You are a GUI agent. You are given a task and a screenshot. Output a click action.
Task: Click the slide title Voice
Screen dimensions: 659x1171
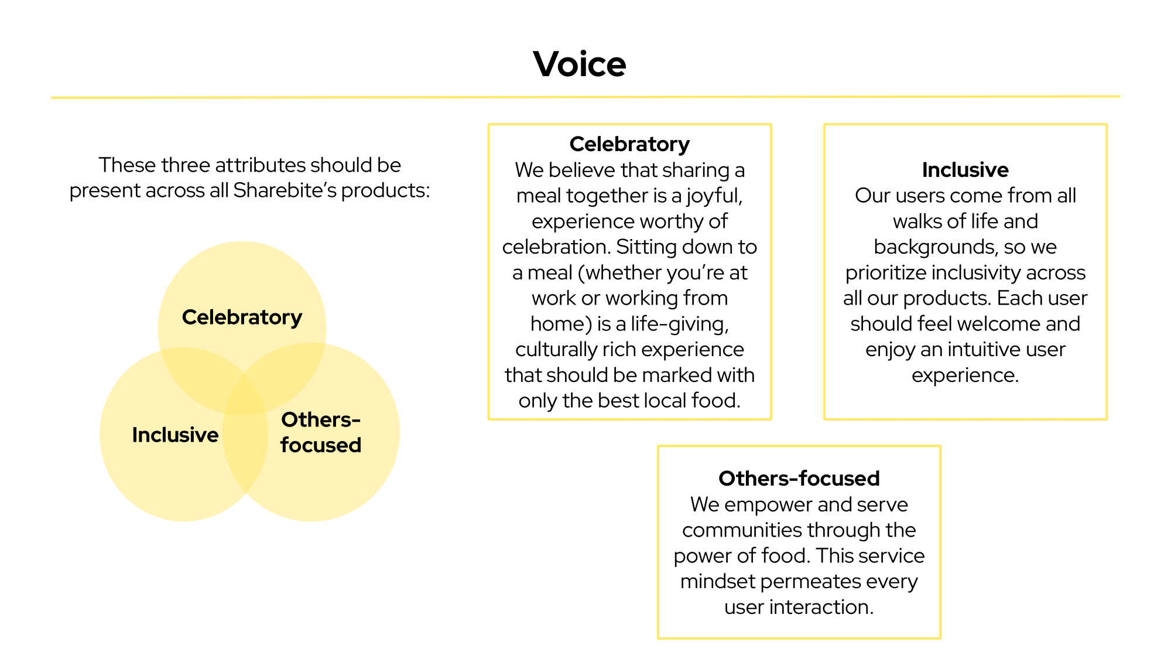[579, 64]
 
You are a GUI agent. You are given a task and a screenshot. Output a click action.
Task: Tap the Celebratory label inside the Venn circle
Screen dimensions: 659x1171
[242, 317]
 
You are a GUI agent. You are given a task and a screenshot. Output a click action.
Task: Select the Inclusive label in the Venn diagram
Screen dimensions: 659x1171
[175, 435]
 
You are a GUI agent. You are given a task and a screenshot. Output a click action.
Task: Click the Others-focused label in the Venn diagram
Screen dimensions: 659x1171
[320, 432]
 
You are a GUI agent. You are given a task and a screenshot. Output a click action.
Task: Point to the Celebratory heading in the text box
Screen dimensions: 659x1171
[629, 144]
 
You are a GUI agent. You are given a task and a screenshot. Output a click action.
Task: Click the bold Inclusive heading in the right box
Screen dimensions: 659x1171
[965, 170]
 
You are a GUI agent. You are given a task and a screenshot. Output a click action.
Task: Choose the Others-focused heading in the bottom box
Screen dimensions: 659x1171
[799, 479]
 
